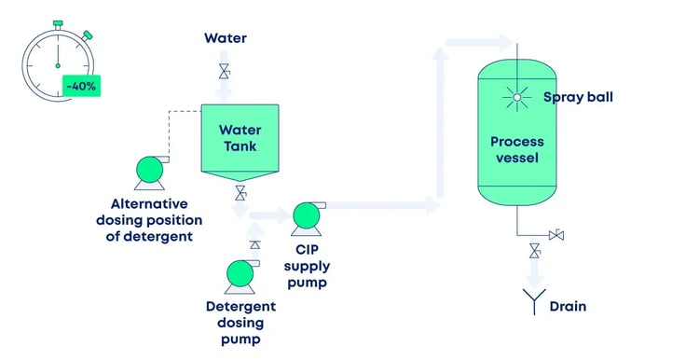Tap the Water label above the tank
(225, 37)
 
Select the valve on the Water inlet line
(224, 71)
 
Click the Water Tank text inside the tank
(237, 138)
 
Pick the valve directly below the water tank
(240, 194)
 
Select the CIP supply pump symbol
(306, 215)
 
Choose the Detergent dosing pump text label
(240, 323)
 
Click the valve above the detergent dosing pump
(254, 243)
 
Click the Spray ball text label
(577, 96)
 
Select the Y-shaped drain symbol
(534, 301)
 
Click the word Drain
(568, 306)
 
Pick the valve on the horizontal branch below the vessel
(556, 234)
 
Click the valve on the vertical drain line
(534, 250)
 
